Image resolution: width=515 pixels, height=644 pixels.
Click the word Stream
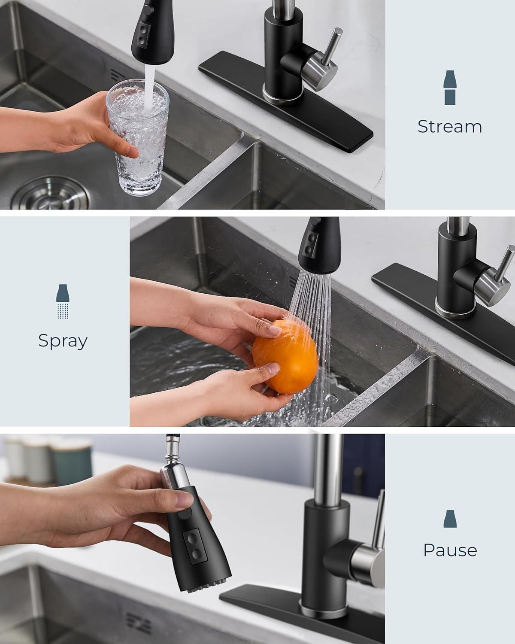point(450,127)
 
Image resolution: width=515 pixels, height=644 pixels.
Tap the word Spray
point(63,341)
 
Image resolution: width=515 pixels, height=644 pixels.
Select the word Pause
point(450,550)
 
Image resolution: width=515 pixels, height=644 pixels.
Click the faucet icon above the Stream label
point(450,88)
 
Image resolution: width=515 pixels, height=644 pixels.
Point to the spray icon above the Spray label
point(63,301)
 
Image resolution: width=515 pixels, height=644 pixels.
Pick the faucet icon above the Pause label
point(450,519)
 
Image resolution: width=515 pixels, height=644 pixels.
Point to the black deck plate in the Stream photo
point(286,102)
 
